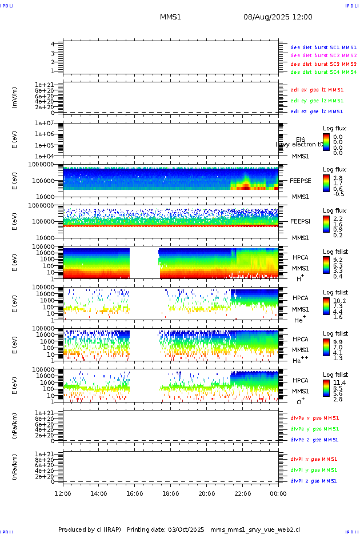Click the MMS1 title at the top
coord(170,17)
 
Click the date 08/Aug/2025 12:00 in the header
coord(278,17)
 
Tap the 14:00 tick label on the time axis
coord(99,493)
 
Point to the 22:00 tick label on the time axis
coord(243,493)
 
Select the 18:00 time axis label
coord(171,493)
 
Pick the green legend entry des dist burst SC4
coord(323,72)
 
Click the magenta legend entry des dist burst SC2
coord(323,55)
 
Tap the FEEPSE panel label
coord(301,180)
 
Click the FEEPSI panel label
coord(301,221)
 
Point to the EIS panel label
coord(301,140)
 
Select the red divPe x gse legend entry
coord(314,418)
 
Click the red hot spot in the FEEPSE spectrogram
coord(245,186)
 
